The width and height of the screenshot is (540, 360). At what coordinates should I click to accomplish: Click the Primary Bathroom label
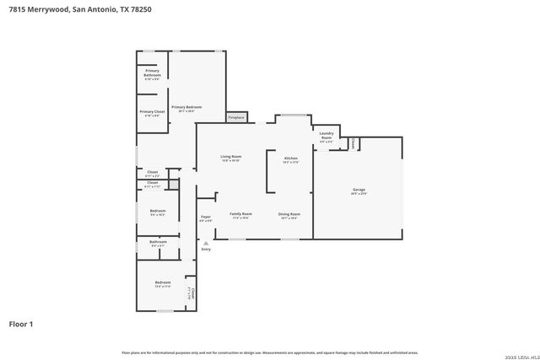click(x=152, y=73)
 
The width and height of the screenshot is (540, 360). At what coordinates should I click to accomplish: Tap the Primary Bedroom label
click(x=186, y=108)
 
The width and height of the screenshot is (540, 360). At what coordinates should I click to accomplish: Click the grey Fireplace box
click(x=236, y=117)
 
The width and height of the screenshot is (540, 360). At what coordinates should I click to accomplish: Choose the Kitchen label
click(x=290, y=159)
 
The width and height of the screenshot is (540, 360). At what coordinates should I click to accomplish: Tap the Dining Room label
click(x=289, y=215)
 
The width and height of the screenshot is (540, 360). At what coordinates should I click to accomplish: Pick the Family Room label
click(x=241, y=215)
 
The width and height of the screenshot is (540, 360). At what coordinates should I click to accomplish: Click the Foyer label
click(x=206, y=218)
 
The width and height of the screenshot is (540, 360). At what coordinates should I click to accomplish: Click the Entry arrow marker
click(x=206, y=242)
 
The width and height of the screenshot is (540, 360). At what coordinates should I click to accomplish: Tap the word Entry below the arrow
click(x=206, y=250)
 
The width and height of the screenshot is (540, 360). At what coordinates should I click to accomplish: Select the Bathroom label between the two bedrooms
click(x=158, y=243)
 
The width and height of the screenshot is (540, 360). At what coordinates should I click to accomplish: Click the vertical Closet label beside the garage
click(x=352, y=143)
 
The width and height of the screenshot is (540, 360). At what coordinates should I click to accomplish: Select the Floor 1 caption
click(x=21, y=323)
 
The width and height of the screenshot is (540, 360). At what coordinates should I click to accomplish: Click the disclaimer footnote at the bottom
click(x=269, y=352)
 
